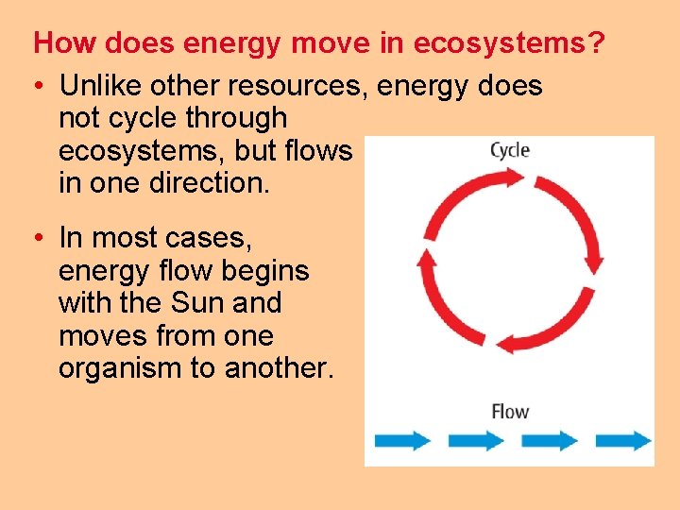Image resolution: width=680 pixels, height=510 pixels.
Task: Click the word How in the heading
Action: (x=56, y=43)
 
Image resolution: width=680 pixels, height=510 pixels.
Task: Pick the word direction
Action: (x=209, y=182)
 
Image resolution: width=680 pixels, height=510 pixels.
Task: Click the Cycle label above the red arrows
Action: (x=510, y=150)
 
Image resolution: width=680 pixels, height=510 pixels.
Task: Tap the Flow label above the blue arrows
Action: (x=510, y=412)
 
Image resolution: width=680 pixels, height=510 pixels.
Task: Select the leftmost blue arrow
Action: (x=402, y=441)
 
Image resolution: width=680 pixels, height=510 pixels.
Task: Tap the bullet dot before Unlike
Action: (x=40, y=87)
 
